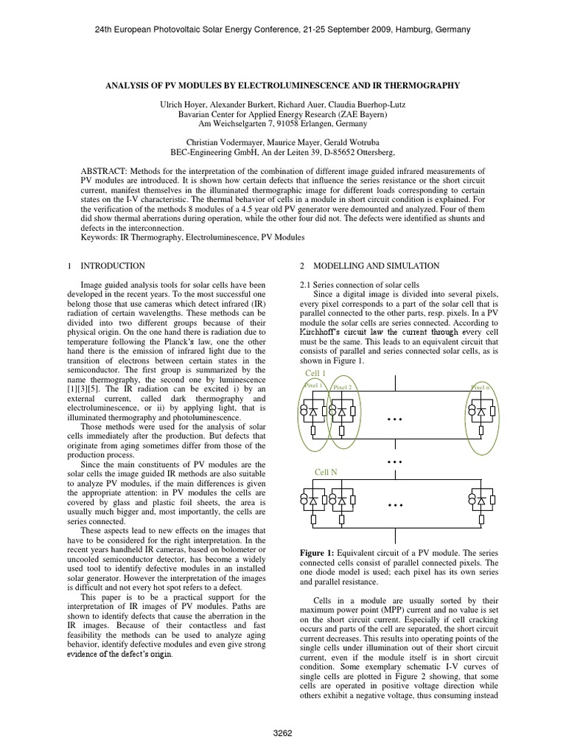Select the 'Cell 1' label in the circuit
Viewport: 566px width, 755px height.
(x=315, y=374)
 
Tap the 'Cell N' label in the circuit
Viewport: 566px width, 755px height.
(x=325, y=471)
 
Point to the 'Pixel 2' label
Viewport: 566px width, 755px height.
(x=343, y=386)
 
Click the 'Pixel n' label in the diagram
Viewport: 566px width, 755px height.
(x=481, y=386)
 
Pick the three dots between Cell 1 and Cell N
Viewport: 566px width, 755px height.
(x=396, y=461)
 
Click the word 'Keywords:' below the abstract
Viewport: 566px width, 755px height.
(x=99, y=238)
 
